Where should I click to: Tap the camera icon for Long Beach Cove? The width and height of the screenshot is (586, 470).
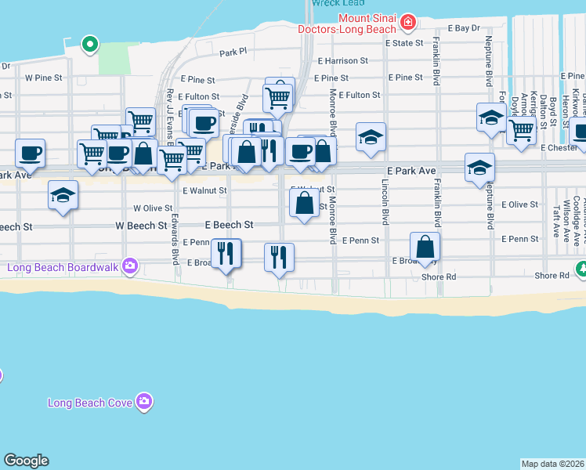(143, 402)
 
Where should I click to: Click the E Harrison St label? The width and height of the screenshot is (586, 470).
(342, 60)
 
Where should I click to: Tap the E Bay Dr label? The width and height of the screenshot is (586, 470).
(463, 27)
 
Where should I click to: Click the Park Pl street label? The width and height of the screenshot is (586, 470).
(233, 52)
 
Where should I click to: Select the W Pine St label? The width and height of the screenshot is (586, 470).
(43, 78)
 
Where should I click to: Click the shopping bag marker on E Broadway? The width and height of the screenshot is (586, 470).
(425, 247)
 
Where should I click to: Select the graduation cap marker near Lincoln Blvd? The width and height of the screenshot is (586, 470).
(371, 137)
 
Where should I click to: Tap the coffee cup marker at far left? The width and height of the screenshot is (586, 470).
(31, 153)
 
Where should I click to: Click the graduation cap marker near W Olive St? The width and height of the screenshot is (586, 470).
(63, 195)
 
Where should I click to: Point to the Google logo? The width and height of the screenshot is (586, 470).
(26, 461)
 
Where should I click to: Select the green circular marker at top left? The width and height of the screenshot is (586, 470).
(90, 44)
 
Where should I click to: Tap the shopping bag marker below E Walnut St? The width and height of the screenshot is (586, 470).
(304, 203)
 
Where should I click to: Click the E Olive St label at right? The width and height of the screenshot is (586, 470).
(519, 204)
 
